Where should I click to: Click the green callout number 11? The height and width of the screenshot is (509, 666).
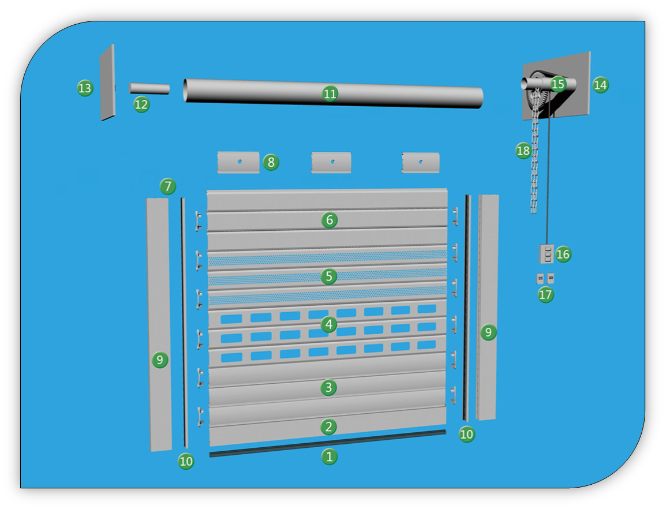click(x=330, y=93)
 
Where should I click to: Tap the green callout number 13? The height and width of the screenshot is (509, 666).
click(x=85, y=88)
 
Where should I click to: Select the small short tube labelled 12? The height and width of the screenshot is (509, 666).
click(x=149, y=88)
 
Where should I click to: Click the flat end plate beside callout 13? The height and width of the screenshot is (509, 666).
click(x=107, y=83)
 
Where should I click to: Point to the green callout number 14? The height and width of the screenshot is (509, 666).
click(x=600, y=85)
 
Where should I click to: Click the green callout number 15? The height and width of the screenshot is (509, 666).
click(x=558, y=84)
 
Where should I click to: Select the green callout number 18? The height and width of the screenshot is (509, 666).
click(x=523, y=151)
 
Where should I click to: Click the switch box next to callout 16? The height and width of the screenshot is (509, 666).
click(x=547, y=254)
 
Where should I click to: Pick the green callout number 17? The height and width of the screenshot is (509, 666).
click(x=545, y=294)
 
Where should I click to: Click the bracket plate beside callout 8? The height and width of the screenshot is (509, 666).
click(x=238, y=162)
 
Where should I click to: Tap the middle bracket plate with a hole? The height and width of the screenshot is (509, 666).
click(x=331, y=162)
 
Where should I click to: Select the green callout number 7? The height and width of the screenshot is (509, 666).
click(x=168, y=186)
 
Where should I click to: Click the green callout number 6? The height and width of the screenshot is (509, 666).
click(x=329, y=220)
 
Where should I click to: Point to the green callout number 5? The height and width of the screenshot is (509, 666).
click(x=329, y=276)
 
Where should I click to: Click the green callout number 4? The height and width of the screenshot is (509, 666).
click(x=329, y=324)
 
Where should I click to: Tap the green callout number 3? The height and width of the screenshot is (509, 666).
click(x=329, y=387)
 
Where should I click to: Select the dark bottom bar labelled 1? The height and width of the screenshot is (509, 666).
click(x=327, y=443)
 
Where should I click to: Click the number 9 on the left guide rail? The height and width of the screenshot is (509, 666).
click(x=160, y=360)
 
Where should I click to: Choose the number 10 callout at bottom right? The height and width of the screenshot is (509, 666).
click(x=466, y=434)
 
